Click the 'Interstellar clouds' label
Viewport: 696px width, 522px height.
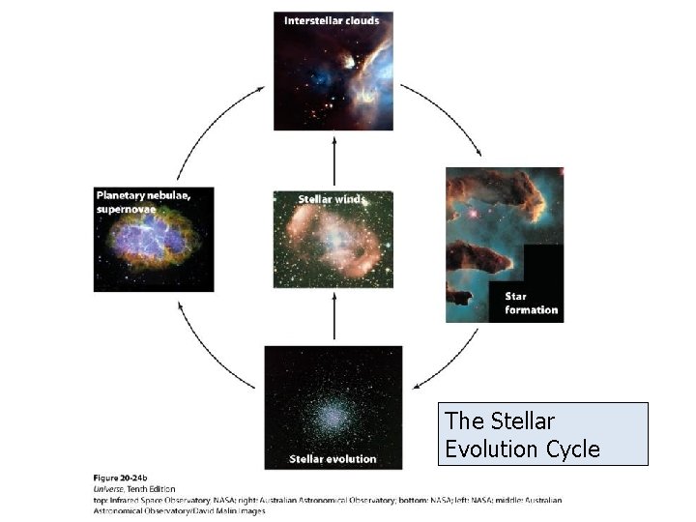[x=332, y=20]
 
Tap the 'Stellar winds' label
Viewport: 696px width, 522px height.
[x=332, y=199]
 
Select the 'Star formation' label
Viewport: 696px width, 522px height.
[x=531, y=303]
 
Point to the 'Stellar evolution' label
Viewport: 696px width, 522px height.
[x=333, y=458]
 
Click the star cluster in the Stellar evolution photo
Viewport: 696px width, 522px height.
[x=333, y=414]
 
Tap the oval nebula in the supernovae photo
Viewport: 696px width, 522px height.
[x=153, y=246]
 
